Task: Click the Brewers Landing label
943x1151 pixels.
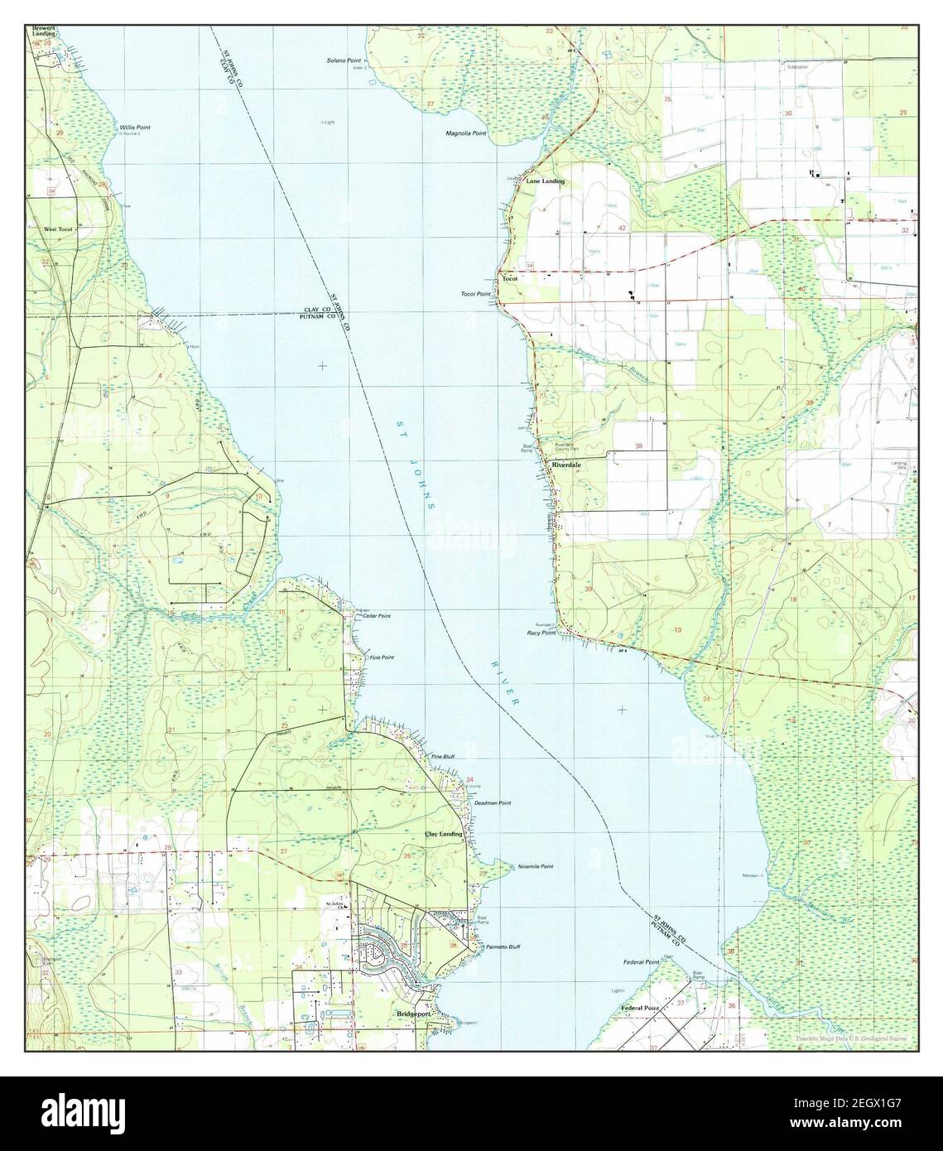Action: (44, 31)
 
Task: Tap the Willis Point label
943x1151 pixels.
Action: (134, 128)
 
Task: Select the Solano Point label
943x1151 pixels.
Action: (344, 61)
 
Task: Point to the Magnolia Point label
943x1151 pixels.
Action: (466, 133)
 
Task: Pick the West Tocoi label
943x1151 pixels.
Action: (59, 229)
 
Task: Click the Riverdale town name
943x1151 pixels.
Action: (570, 466)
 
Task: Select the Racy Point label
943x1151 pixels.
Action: (541, 633)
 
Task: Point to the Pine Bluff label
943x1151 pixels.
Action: (442, 757)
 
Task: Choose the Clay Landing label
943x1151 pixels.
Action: (444, 834)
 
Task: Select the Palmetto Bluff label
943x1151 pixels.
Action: (503, 946)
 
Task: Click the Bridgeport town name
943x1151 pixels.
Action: (415, 1014)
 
